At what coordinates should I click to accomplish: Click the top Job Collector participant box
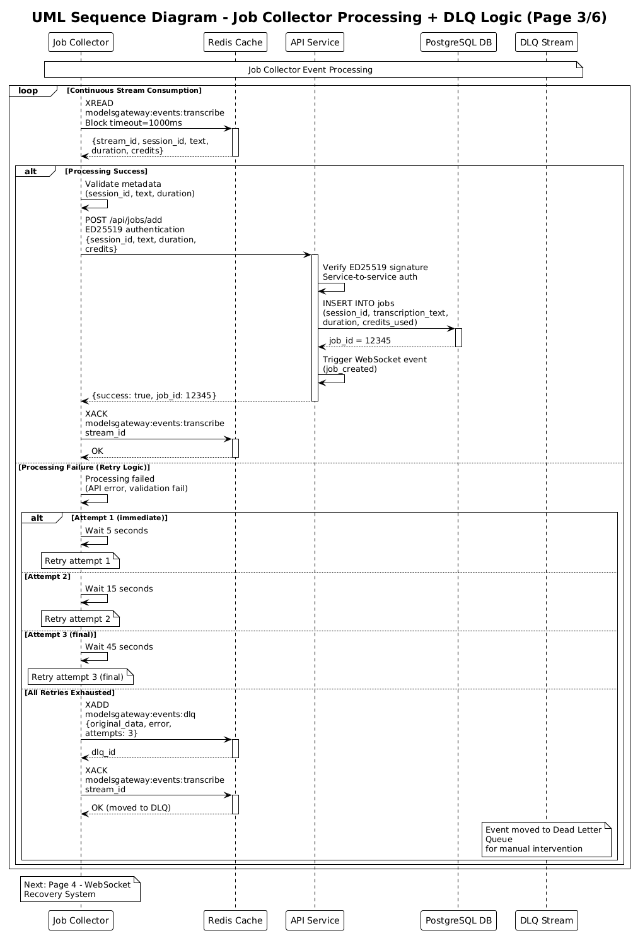click(81, 42)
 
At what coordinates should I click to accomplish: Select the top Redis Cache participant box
click(235, 42)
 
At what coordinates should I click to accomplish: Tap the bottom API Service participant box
click(315, 920)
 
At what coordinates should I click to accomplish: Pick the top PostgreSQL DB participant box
click(458, 42)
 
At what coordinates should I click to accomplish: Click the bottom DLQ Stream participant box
click(546, 920)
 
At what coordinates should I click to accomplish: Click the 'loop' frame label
click(28, 91)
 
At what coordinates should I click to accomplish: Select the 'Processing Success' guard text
click(107, 171)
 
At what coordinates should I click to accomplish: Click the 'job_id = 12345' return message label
click(359, 341)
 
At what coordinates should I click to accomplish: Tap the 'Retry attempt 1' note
click(78, 561)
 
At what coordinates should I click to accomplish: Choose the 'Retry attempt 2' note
click(78, 619)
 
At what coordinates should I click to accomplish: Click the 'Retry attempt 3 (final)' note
click(78, 677)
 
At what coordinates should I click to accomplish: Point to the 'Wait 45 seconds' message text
click(119, 647)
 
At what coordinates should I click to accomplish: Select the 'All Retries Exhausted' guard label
click(69, 692)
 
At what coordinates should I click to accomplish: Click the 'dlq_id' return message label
click(103, 752)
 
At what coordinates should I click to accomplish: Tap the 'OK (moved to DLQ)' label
click(131, 808)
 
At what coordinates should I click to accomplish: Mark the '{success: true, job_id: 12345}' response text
click(154, 396)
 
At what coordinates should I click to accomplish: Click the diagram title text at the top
click(319, 18)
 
